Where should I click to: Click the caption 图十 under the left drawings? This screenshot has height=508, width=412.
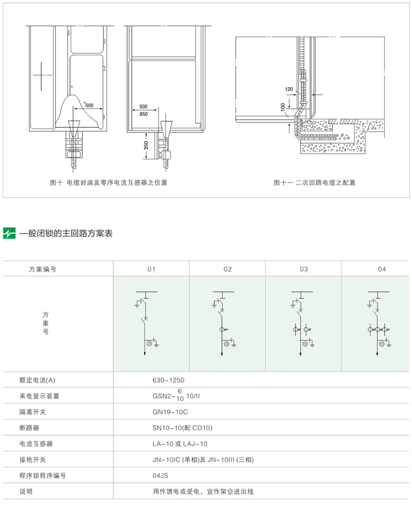coord(109,183)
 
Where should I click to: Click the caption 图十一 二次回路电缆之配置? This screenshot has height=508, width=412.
coord(315,183)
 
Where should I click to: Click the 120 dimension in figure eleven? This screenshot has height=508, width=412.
coord(289,89)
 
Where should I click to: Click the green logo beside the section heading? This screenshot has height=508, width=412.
coord(10,234)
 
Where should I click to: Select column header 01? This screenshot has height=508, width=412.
coord(151,269)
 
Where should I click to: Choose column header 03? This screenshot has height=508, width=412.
coord(304,269)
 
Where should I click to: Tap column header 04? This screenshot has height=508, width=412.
coord(381,269)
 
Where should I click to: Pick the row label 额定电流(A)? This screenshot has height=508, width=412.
coord(37,380)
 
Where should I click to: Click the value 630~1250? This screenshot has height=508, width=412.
coord(168,380)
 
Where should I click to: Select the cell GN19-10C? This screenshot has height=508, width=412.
coord(169,412)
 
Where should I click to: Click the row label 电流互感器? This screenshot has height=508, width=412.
coord(36,444)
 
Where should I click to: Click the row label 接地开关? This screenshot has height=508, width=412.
coord(32,460)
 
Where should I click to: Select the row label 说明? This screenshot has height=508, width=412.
coord(26,491)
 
